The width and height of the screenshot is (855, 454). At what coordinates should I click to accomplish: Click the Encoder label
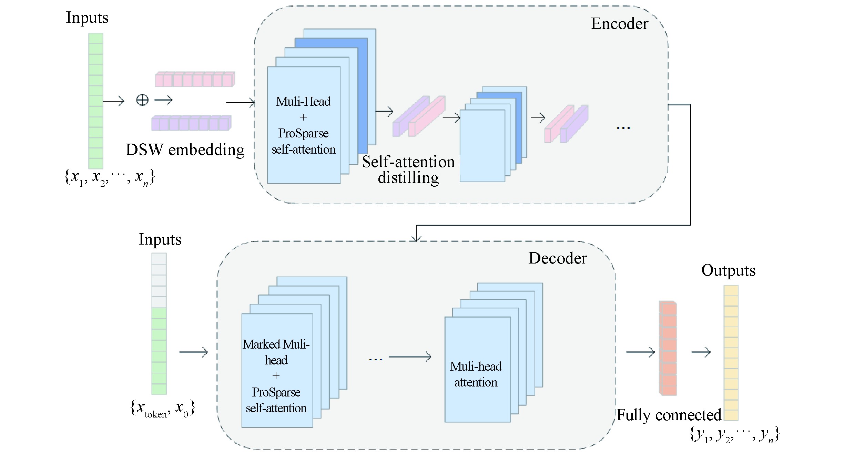click(x=619, y=24)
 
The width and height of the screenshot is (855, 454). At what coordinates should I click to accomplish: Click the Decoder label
click(x=558, y=258)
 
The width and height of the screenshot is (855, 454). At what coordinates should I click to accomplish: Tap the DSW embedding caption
click(x=185, y=150)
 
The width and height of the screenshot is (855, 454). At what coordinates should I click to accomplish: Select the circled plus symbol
click(x=142, y=101)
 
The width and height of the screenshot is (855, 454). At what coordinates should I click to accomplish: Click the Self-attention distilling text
click(x=408, y=170)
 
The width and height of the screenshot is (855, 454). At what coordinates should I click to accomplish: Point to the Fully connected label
click(x=669, y=415)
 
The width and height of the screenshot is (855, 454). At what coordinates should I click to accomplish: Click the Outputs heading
click(x=728, y=270)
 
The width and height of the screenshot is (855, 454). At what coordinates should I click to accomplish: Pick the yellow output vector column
click(x=731, y=353)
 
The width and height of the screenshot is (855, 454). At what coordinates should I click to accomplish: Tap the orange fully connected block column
click(x=668, y=348)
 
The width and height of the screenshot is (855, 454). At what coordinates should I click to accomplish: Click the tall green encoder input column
click(x=96, y=101)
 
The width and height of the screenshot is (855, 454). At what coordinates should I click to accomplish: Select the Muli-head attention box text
click(x=476, y=374)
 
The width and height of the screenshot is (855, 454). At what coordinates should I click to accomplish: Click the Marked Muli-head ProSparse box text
click(x=276, y=376)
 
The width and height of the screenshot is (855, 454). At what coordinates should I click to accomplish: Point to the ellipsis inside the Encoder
click(x=623, y=128)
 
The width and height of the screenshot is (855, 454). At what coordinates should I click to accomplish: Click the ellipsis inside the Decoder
click(x=375, y=359)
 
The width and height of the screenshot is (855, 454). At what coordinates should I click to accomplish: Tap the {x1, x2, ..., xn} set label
click(x=110, y=178)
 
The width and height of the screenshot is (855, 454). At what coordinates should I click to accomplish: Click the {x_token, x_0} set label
click(x=163, y=409)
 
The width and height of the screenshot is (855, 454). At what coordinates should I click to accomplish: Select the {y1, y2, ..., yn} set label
click(x=734, y=435)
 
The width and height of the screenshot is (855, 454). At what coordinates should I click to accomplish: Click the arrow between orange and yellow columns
click(x=701, y=352)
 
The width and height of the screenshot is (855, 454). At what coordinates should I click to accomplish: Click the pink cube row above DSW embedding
click(x=195, y=80)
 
